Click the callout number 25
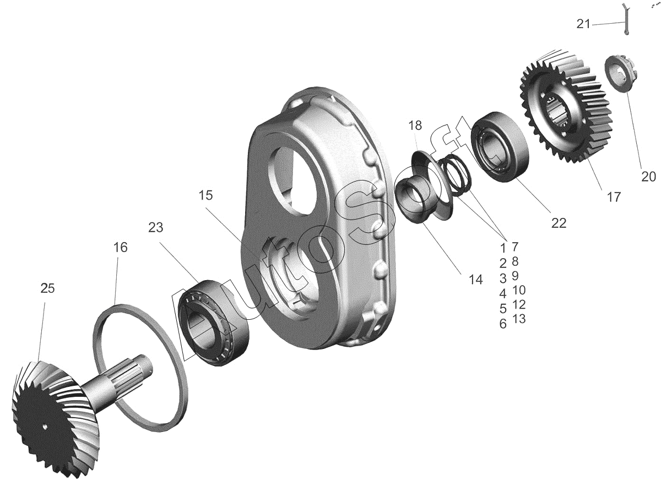point(47,288)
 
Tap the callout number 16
point(121,248)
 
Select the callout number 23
point(155,228)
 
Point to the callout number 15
point(205,195)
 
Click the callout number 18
point(415,125)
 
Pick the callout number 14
point(476,280)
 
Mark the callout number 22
point(559,223)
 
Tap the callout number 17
point(614,197)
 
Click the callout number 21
point(583,24)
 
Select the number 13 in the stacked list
point(519,319)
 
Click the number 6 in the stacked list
point(503,324)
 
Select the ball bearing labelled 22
point(500,146)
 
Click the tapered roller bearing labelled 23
point(214,323)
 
